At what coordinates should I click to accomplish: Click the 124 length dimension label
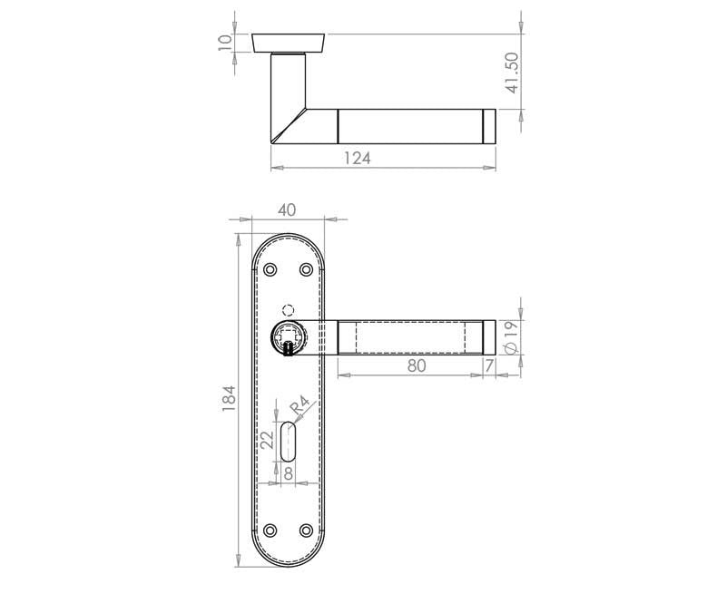tap(358, 158)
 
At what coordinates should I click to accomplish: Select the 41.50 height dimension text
tap(512, 73)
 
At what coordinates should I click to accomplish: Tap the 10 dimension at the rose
tap(225, 42)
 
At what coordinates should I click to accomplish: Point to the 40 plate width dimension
tap(287, 209)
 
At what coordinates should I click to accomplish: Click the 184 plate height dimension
tap(229, 400)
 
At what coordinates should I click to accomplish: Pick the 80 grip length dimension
tap(417, 366)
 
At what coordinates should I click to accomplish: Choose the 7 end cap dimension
tap(489, 366)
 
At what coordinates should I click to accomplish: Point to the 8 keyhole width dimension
tap(288, 472)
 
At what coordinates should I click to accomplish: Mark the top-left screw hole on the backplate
tap(270, 270)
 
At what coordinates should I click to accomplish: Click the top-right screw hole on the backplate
tap(306, 270)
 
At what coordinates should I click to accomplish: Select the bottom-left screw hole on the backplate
tap(270, 530)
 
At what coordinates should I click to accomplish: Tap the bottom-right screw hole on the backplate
tap(306, 530)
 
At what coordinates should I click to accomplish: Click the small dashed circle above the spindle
tap(289, 308)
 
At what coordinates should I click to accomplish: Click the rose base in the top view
tap(289, 43)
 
